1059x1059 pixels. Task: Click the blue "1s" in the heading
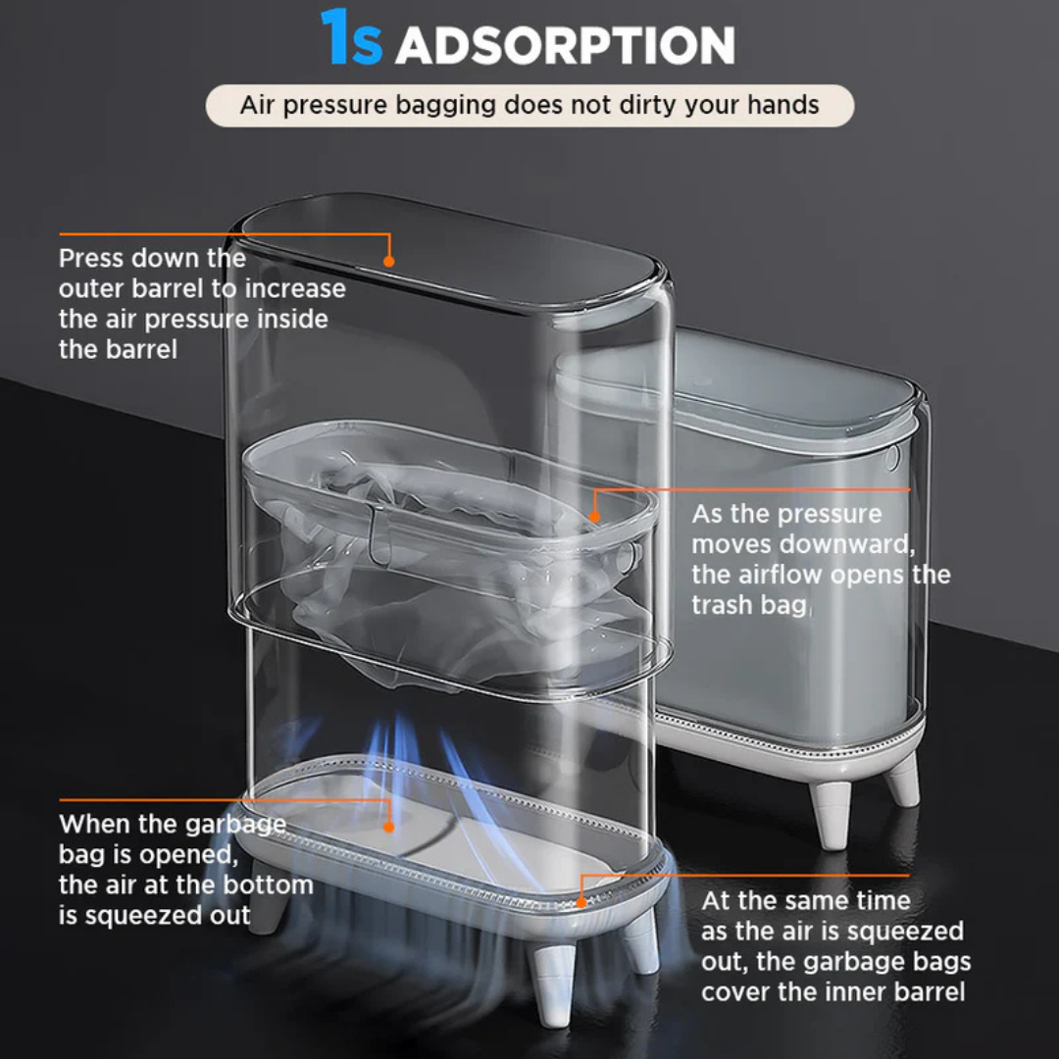click(351, 38)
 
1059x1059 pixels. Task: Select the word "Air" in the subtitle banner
click(257, 105)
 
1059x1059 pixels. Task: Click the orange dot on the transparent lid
click(388, 261)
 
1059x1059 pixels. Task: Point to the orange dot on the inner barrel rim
click(594, 518)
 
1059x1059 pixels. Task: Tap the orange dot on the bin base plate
click(389, 827)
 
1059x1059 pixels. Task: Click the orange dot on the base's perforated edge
click(581, 902)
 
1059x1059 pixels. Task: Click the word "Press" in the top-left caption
click(91, 258)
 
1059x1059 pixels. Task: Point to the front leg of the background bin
click(831, 813)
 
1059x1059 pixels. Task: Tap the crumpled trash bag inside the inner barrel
click(432, 561)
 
